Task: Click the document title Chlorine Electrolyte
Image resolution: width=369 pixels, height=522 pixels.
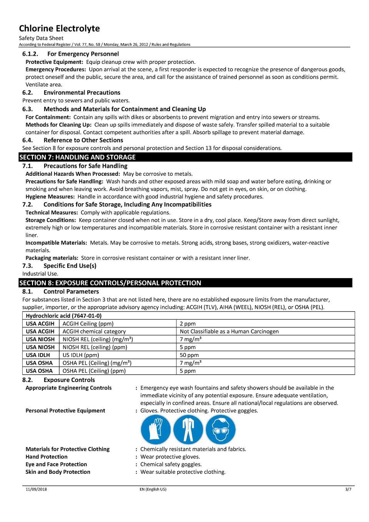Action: tap(60, 28)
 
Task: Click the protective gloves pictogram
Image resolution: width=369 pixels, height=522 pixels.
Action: tap(156, 430)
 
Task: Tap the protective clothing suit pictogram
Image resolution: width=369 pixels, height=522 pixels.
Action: tap(188, 430)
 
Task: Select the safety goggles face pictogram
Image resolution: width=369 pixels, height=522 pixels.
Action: tap(220, 430)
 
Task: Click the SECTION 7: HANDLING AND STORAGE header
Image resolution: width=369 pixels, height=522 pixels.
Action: tap(78, 157)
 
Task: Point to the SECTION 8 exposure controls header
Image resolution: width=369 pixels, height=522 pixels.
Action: tap(110, 283)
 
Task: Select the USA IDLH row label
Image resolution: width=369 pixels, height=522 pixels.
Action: tap(38, 355)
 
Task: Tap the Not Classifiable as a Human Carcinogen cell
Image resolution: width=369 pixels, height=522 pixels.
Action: tap(229, 332)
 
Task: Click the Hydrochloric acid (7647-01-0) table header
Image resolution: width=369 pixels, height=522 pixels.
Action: tap(64, 316)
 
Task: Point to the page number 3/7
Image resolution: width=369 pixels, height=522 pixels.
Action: tap(348, 489)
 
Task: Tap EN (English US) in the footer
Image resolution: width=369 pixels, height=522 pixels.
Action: tap(153, 489)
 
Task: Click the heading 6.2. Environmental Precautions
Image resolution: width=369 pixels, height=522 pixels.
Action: tap(71, 93)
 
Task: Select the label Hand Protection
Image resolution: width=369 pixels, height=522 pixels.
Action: tap(47, 457)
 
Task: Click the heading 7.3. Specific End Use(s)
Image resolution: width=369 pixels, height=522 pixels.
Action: tap(59, 266)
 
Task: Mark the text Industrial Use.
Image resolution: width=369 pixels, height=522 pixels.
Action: tap(40, 274)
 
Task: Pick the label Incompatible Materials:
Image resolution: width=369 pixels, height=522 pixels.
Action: tap(56, 243)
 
